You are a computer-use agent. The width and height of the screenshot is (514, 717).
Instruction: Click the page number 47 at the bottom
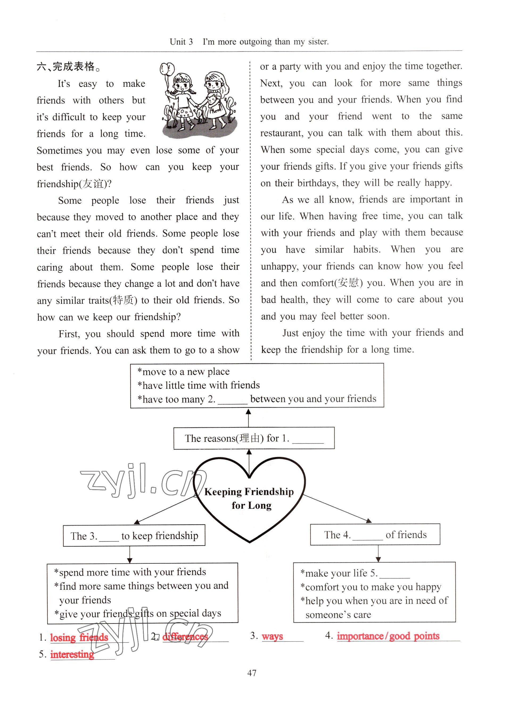pos(252,673)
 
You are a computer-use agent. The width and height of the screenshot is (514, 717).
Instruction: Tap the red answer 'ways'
pos(272,636)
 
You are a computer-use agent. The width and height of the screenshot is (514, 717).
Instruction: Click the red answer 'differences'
pos(185,636)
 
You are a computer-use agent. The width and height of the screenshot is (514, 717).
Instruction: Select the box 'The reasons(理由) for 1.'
pos(254,438)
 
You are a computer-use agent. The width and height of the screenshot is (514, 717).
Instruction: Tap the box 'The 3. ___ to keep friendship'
pos(134,536)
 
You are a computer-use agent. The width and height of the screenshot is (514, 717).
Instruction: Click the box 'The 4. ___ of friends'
pos(375,534)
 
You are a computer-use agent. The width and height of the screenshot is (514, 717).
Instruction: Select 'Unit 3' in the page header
pos(181,42)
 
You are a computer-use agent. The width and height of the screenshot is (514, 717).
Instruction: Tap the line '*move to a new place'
pos(183,372)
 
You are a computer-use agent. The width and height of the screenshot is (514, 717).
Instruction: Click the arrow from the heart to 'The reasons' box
pos(249,462)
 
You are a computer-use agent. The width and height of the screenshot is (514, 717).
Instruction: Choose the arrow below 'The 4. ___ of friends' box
pos(378,553)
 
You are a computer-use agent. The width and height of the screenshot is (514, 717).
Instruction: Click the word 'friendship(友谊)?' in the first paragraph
pos(74,184)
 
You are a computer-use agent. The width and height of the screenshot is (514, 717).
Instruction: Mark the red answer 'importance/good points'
pos(388,636)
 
